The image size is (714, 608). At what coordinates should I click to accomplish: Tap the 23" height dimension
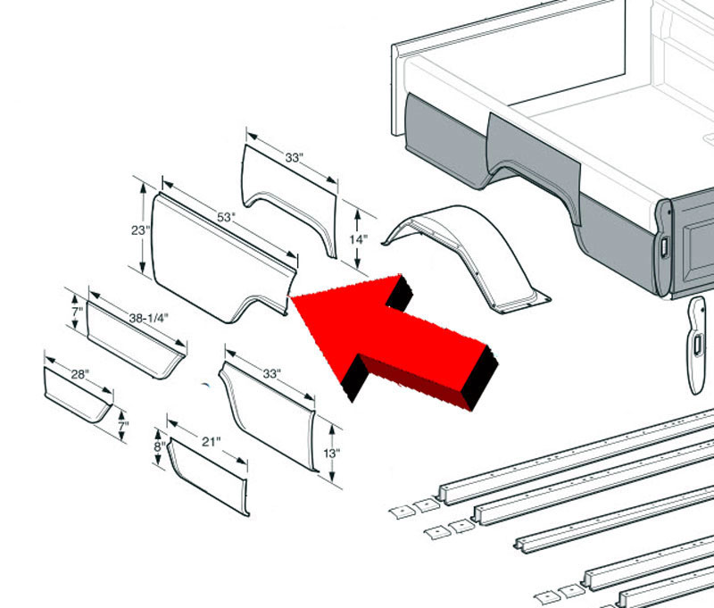(x=140, y=230)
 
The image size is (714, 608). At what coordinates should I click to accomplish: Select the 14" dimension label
(x=359, y=239)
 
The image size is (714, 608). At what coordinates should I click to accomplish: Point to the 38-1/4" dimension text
(x=148, y=319)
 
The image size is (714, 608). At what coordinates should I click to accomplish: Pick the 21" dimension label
(x=211, y=441)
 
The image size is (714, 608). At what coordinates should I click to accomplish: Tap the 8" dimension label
(x=159, y=446)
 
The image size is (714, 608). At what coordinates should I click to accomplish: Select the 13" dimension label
(x=331, y=454)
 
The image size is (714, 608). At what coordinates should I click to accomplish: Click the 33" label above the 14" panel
(x=295, y=157)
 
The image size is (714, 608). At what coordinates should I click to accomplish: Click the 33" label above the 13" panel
(x=272, y=373)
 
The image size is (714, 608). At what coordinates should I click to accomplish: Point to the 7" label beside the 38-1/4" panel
(x=78, y=312)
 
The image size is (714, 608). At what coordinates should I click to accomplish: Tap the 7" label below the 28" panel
(x=123, y=426)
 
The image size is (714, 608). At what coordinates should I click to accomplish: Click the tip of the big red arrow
(x=290, y=297)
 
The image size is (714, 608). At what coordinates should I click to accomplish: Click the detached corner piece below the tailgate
(x=697, y=346)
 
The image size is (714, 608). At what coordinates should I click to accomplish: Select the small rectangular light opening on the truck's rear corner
(x=663, y=247)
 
